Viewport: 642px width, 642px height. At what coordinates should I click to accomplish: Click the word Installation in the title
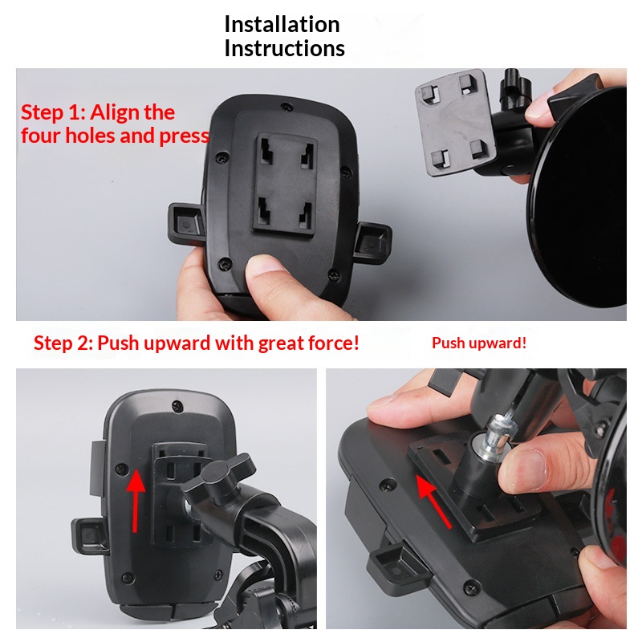coord(282,24)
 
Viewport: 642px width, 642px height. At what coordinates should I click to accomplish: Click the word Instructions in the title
coord(285,48)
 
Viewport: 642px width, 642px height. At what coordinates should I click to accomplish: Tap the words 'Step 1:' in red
coord(53,112)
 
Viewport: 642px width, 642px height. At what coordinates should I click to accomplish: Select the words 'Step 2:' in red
coord(63,343)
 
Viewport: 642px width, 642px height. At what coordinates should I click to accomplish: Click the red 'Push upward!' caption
coord(479,343)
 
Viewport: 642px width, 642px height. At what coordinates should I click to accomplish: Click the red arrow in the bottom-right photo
coord(433,501)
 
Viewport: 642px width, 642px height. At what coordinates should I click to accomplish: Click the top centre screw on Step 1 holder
coord(286,107)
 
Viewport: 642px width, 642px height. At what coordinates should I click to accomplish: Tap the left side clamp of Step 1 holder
coord(186,224)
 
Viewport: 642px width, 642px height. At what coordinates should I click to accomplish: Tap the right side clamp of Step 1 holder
coord(372,243)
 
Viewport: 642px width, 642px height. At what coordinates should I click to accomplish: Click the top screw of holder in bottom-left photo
coord(177,406)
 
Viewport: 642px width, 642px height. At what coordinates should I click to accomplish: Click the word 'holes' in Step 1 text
coord(91,136)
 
